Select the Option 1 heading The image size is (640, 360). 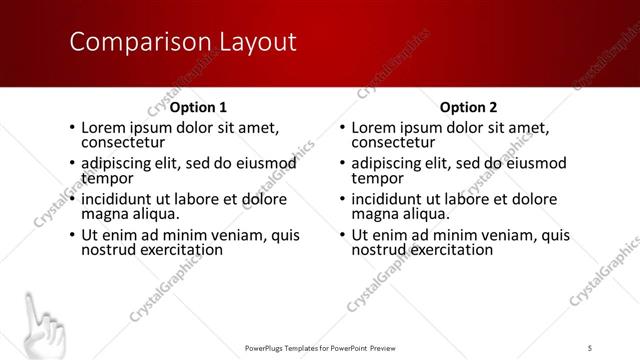click(x=198, y=106)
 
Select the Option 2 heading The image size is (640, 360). click(x=468, y=106)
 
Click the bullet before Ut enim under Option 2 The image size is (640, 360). click(x=342, y=236)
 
